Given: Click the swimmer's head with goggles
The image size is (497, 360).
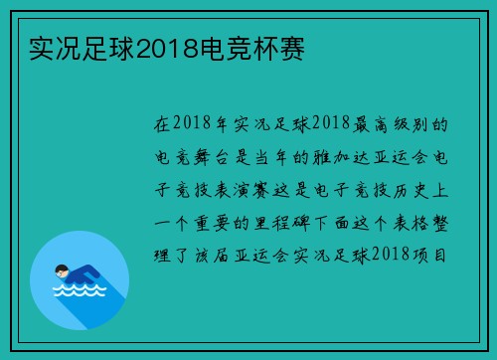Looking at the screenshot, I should pyautogui.click(x=62, y=270).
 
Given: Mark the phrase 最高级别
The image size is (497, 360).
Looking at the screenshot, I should pyautogui.click(x=376, y=124).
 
